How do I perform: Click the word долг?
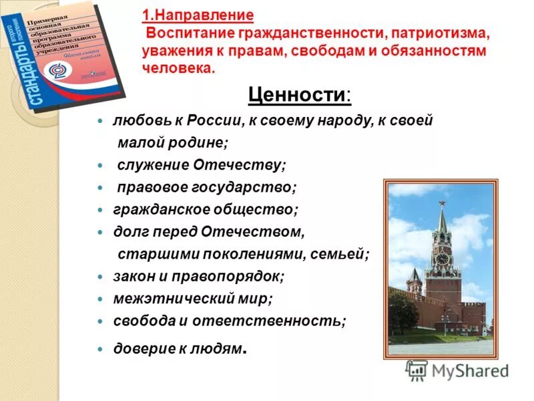[128, 231]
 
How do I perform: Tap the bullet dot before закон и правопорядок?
[100, 277]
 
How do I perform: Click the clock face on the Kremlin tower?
[441, 259]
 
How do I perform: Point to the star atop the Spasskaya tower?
[441, 203]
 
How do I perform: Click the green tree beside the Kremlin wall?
[403, 314]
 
